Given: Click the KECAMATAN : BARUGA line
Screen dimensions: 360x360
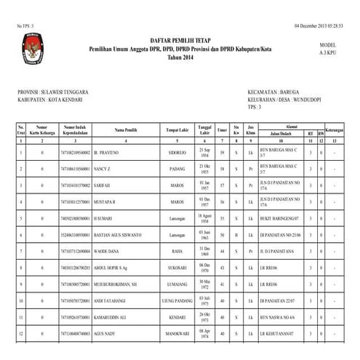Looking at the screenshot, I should click(x=273, y=92).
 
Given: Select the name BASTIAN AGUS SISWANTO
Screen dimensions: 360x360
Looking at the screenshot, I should click(x=119, y=236).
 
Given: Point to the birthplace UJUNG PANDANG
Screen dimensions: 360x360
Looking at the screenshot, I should click(x=177, y=300).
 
